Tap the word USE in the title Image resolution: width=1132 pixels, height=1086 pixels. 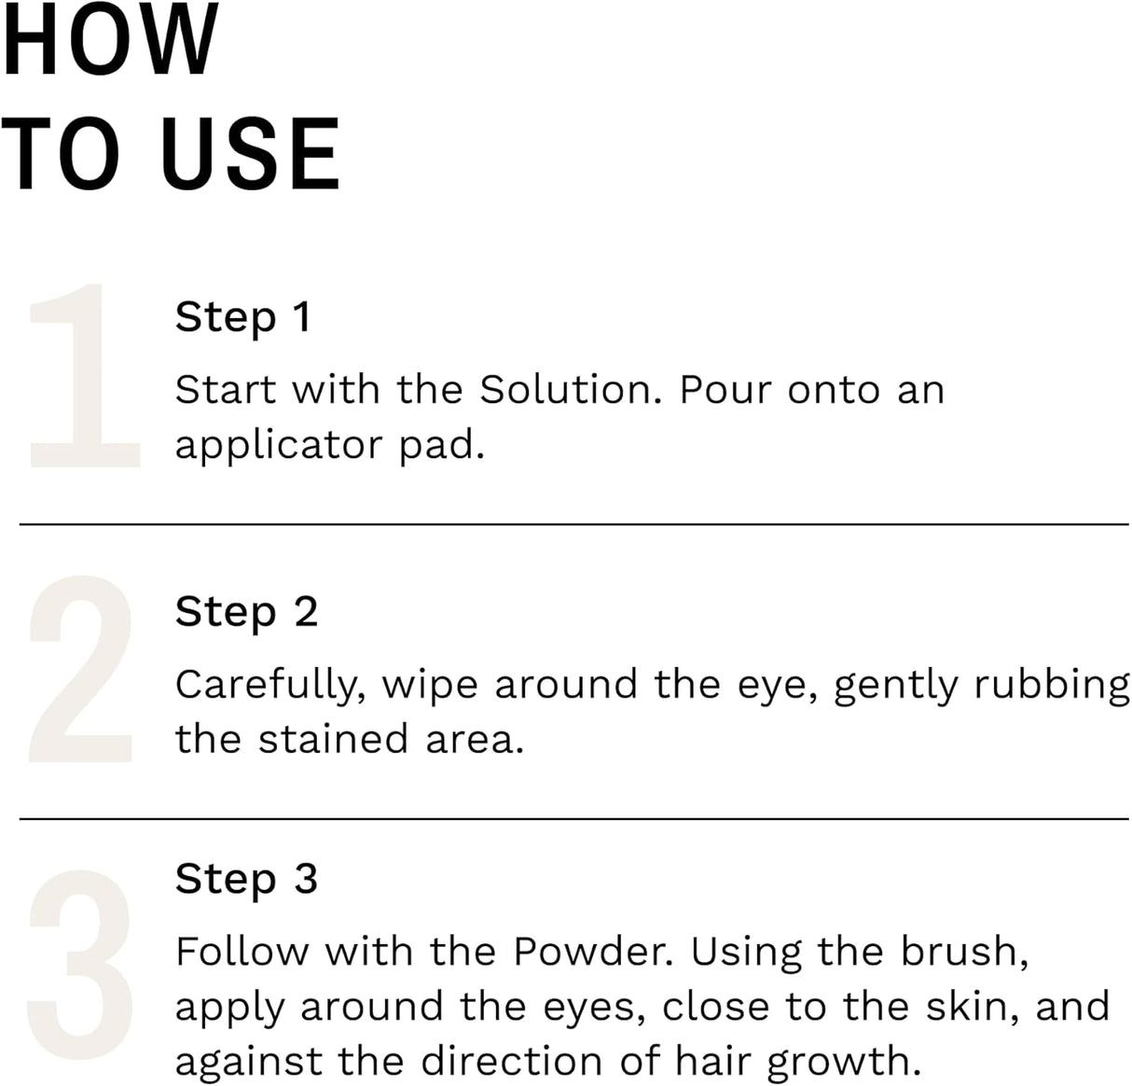[x=250, y=154]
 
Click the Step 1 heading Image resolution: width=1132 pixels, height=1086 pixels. [x=242, y=317]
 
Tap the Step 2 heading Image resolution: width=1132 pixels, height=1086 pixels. [x=246, y=612]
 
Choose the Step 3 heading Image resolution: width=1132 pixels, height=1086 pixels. [x=246, y=879]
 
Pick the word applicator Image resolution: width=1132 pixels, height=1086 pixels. [x=278, y=446]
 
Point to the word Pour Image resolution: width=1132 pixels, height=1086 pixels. [x=726, y=390]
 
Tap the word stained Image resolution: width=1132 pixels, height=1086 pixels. [x=333, y=740]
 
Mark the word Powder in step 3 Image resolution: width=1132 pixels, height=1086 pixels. [x=591, y=953]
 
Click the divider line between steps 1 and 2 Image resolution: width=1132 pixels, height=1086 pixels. [x=573, y=524]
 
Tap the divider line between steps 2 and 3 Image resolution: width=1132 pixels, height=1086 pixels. [x=573, y=819]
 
